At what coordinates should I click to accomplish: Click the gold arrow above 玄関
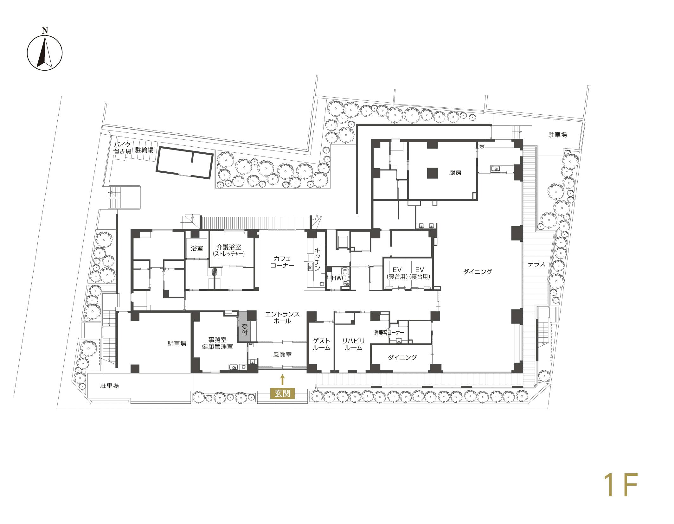282,380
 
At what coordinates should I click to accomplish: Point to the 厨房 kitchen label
455,173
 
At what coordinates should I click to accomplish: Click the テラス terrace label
537,264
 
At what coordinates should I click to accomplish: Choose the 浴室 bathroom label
197,248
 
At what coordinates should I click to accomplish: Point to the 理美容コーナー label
389,333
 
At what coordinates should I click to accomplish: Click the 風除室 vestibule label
282,355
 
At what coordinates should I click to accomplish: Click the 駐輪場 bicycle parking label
144,150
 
